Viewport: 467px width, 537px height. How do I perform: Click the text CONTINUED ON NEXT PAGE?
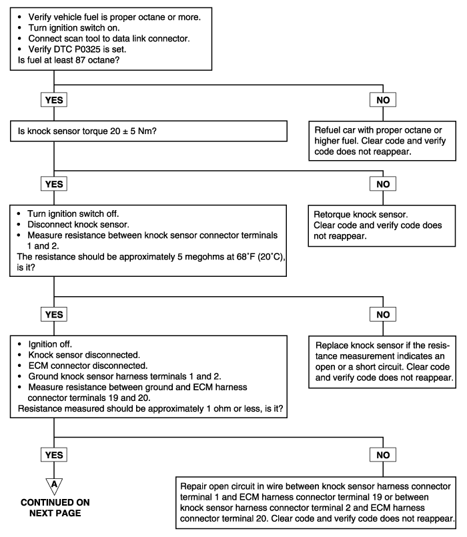coord(55,508)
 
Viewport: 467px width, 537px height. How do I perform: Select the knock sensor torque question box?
coord(149,131)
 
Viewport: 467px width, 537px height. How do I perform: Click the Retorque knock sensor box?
coord(382,225)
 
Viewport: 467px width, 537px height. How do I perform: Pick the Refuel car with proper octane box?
coord(382,141)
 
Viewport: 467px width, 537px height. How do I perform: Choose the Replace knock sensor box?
coord(382,362)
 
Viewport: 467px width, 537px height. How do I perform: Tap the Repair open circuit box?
coord(316,502)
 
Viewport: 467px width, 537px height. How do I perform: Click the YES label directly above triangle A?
coord(54,455)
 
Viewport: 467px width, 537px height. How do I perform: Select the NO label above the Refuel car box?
coord(383,99)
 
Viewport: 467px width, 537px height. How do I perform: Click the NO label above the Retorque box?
coord(383,184)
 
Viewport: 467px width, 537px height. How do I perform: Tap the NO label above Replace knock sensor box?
coord(383,314)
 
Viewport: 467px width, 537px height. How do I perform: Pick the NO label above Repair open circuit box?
coord(383,455)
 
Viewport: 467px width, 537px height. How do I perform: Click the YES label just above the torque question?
coord(54,99)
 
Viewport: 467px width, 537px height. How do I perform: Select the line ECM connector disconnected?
coord(88,366)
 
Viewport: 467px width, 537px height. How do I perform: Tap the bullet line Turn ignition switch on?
coord(74,28)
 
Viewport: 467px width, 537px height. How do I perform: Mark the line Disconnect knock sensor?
coord(79,225)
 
